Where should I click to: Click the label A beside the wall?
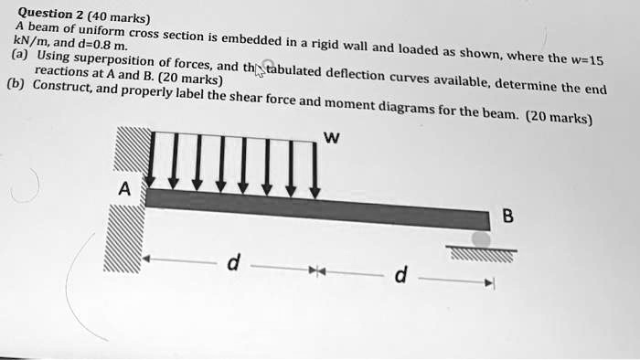[124, 191]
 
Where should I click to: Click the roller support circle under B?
[481, 239]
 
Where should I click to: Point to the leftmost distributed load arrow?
[154, 160]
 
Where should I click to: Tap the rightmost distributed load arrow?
[315, 169]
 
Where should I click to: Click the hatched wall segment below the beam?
[124, 238]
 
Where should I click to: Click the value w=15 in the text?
[584, 61]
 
